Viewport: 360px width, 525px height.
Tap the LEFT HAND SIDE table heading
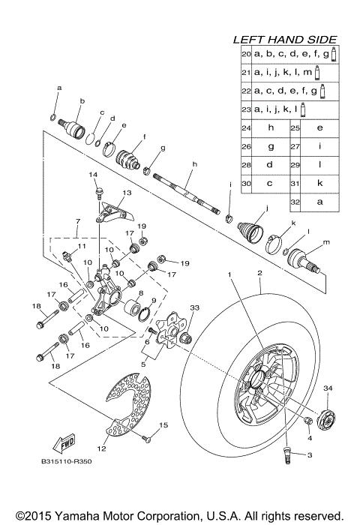click(284, 39)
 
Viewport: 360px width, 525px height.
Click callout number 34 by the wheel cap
click(326, 387)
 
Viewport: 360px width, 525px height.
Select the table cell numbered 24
click(245, 127)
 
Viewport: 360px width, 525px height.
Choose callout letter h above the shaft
click(193, 163)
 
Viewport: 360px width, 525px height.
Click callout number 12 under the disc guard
click(102, 448)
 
